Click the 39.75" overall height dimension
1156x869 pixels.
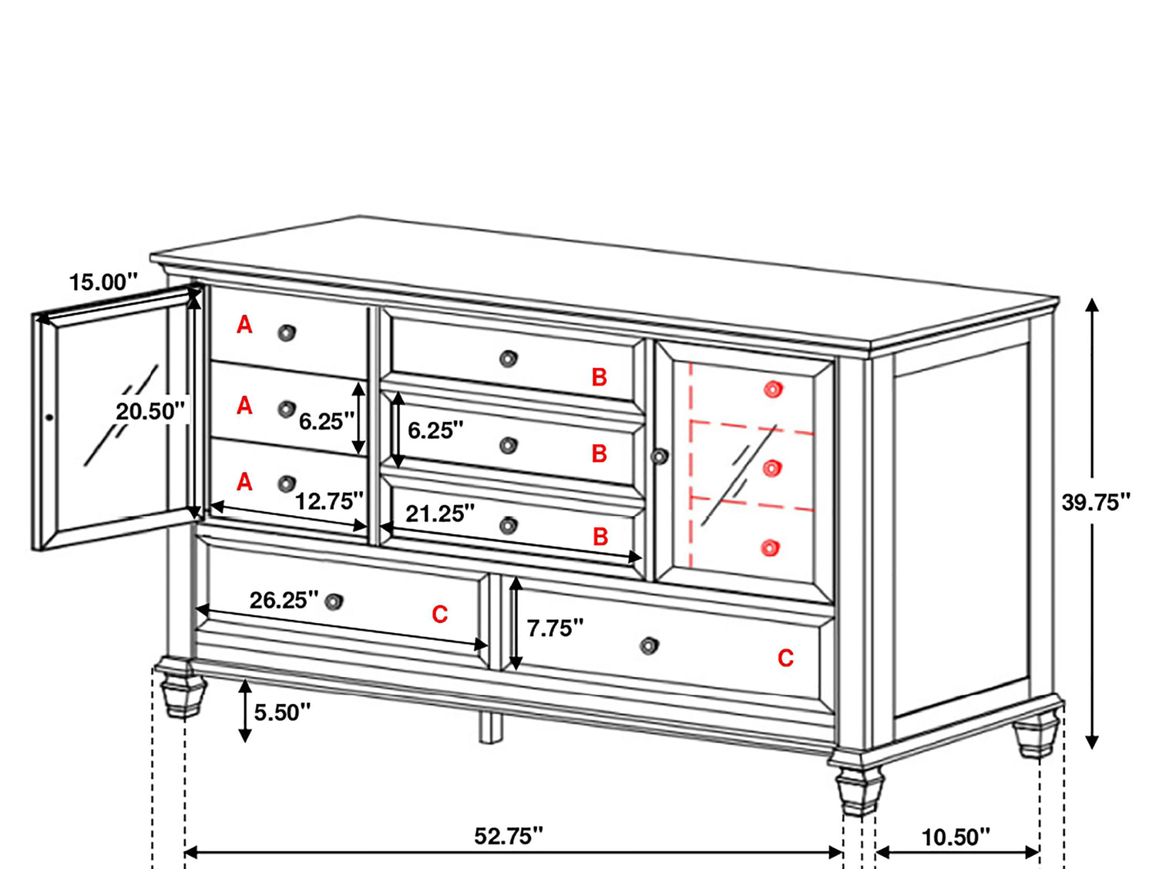1095,502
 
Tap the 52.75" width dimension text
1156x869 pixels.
508,836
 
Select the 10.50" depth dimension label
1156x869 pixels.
956,837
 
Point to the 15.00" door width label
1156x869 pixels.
104,282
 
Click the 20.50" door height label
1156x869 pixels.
150,411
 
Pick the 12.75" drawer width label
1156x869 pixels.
330,500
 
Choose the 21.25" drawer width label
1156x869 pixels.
440,514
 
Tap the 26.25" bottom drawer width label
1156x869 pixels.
284,600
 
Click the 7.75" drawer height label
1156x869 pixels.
555,628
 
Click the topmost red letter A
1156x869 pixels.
244,325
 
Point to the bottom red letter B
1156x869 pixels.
600,537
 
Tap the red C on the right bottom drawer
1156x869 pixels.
785,658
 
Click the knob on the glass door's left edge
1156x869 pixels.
660,456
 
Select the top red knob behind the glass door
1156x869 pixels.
773,389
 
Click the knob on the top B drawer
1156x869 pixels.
508,359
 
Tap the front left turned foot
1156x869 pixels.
183,687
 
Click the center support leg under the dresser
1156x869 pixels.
491,727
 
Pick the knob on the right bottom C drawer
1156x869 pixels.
649,645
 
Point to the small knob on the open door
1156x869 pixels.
49,417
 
